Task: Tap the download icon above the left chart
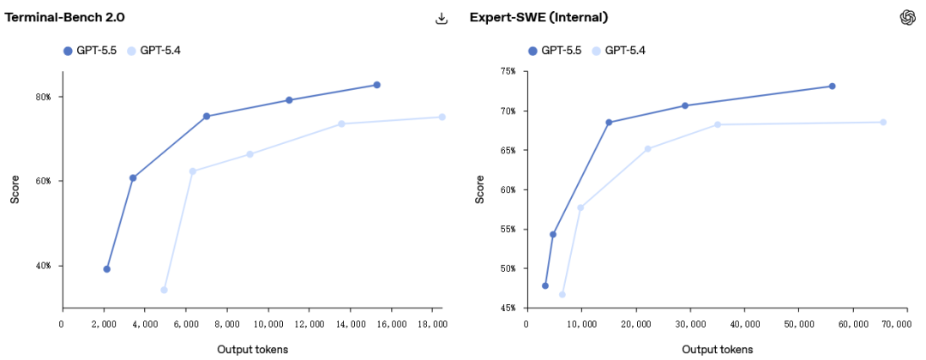pos(442,18)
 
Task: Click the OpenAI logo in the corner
pos(908,18)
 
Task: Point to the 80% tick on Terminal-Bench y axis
pos(43,97)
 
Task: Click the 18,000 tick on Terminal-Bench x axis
pos(432,324)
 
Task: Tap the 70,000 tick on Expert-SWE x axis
pos(897,324)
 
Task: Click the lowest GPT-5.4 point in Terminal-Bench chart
pos(164,290)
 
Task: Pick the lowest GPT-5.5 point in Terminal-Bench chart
pos(106,269)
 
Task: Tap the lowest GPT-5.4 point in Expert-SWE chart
pos(562,294)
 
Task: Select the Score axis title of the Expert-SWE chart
pos(480,189)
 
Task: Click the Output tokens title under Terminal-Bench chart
pos(252,349)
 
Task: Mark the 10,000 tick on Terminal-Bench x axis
pos(268,324)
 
